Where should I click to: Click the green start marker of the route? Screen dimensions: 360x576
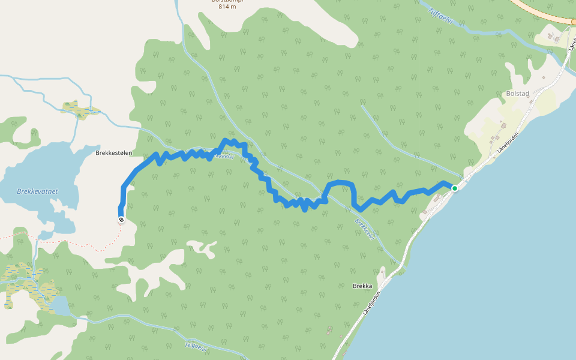pos(455,188)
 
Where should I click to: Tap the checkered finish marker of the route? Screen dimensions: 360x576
pos(121,220)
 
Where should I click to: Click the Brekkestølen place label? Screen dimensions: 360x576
pos(113,153)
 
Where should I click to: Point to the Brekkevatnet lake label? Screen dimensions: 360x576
pos(37,191)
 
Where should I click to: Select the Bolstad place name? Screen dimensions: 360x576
pos(517,94)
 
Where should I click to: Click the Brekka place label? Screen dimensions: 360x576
pos(362,286)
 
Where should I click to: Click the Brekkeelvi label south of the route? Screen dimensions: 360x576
pos(364,229)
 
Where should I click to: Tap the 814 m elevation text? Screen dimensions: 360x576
pos(227,7)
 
